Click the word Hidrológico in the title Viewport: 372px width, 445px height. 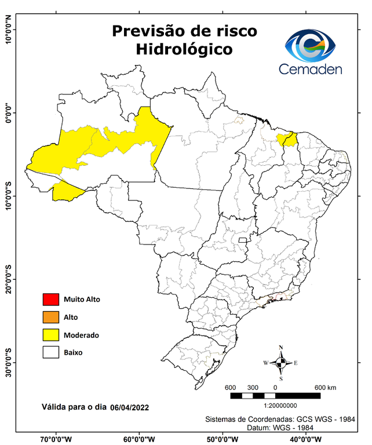tap(184, 50)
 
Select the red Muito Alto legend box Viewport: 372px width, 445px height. tap(50, 300)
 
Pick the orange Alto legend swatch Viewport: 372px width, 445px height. tap(50, 317)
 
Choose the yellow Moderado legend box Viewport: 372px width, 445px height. tap(50, 335)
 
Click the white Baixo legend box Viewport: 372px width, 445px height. tap(50, 352)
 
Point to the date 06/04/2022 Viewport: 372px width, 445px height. tap(130, 407)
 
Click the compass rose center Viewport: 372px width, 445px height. tap(281, 363)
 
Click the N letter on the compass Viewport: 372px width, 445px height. tap(281, 348)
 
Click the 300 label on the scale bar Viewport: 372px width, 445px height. tap(253, 387)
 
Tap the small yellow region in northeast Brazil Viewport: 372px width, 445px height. tap(287, 139)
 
